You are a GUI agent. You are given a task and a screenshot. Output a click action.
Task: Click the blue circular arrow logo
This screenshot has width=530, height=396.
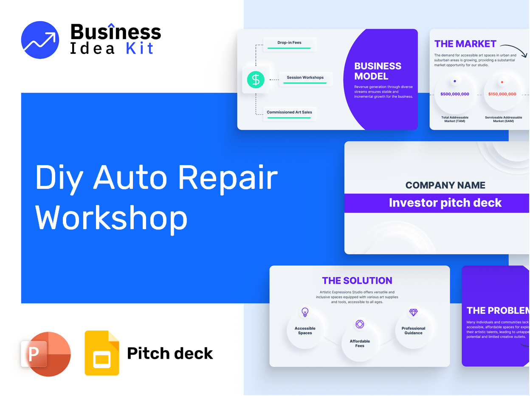point(40,40)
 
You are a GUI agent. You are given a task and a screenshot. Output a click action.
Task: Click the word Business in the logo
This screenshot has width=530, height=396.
point(116,32)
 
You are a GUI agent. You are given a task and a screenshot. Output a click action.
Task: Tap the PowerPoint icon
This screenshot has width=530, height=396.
point(46,354)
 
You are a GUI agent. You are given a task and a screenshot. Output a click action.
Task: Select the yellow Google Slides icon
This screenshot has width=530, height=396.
point(102,353)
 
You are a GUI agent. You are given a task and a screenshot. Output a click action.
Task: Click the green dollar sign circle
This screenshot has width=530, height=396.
point(256,79)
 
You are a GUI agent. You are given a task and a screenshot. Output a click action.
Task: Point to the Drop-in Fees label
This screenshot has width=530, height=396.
point(289,43)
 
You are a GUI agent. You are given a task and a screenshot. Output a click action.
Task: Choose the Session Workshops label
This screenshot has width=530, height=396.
point(305,78)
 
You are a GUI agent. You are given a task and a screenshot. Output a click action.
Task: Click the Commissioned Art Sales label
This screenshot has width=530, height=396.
point(289,112)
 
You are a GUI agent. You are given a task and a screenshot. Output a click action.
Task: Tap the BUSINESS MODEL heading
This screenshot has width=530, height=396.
point(378,71)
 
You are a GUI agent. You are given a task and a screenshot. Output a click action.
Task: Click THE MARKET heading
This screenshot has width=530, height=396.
point(465,44)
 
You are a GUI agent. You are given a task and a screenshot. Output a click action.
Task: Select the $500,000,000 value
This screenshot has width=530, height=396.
point(454,94)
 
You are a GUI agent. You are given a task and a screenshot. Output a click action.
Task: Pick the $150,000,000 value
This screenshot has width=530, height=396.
point(502,94)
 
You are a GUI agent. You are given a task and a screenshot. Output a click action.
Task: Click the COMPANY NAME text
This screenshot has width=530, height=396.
point(445,185)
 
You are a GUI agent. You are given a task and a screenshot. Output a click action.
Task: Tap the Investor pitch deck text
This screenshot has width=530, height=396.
point(445,203)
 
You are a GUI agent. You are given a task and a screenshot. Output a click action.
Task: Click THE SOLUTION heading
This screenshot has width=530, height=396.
point(357,281)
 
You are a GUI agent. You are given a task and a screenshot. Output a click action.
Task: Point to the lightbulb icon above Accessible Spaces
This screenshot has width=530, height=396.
point(304,312)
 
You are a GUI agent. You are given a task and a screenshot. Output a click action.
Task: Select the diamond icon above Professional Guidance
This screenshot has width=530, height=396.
point(413,312)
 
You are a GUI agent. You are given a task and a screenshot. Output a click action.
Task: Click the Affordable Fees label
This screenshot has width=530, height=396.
point(360,343)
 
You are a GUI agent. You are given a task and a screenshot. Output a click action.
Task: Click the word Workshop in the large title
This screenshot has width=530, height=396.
point(111,218)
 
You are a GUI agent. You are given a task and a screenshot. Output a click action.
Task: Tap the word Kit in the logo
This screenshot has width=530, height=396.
point(140,48)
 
